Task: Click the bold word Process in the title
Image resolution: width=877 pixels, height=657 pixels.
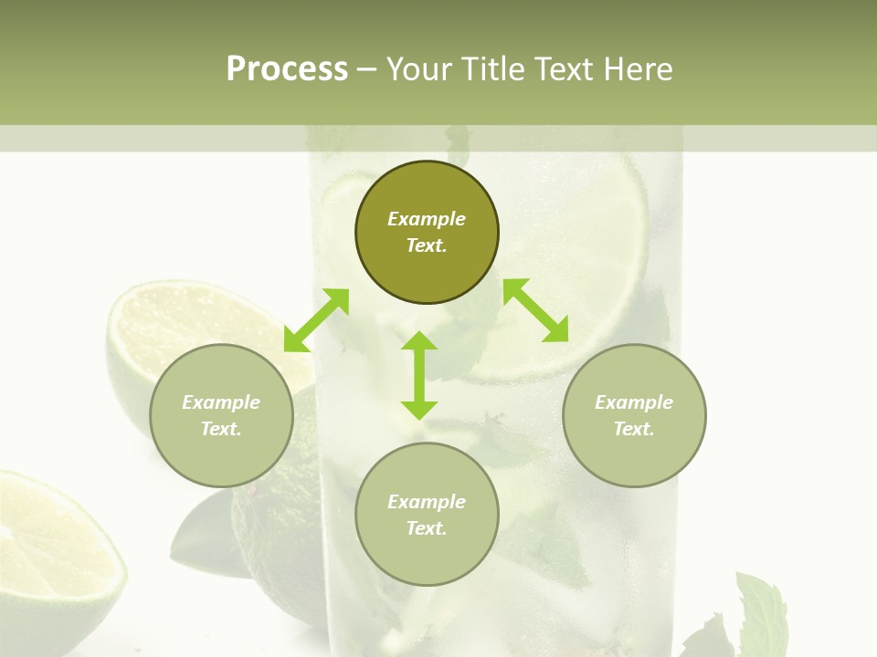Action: (287, 69)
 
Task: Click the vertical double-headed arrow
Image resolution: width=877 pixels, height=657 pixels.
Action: (419, 375)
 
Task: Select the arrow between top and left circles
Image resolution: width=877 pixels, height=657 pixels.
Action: (316, 320)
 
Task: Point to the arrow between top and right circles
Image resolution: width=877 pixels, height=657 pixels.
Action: (535, 310)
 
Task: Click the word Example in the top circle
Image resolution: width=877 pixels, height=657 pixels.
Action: (427, 219)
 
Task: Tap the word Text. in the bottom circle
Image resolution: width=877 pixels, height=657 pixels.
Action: (427, 528)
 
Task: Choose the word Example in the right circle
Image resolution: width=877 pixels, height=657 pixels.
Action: (634, 402)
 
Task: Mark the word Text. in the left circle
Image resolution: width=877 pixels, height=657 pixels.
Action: (221, 429)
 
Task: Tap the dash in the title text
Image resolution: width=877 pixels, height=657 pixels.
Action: (367, 69)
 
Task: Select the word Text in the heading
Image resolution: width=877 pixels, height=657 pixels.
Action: (558, 69)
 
